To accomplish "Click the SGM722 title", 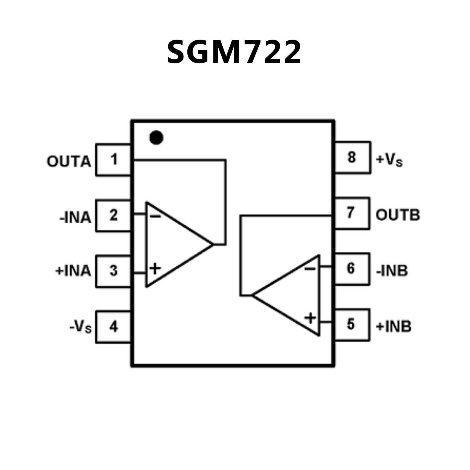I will [234, 52].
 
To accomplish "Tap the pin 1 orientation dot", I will [156, 137].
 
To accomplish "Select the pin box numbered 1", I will [114, 160].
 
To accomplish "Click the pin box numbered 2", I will [114, 215].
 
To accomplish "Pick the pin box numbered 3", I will [114, 271].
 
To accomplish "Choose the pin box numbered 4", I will [114, 327].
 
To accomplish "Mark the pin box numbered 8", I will [352, 157].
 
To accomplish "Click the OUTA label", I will [69, 162].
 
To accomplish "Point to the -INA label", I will [75, 218].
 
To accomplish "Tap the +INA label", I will [73, 271].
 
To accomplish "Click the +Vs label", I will [389, 160].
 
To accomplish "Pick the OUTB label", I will [398, 215].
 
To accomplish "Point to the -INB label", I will [392, 271].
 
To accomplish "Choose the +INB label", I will [393, 327].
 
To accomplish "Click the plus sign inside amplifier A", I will [155, 269].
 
